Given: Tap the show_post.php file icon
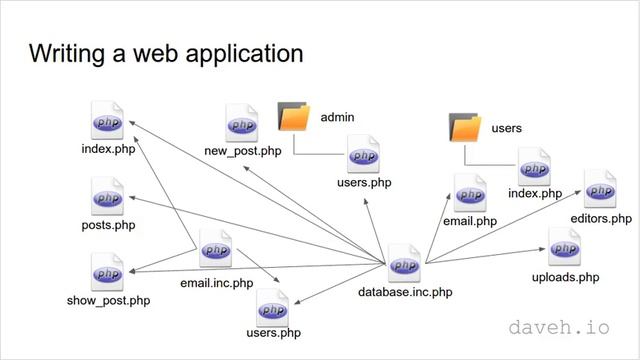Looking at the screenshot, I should point(106,271).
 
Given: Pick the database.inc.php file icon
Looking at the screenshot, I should point(405,264).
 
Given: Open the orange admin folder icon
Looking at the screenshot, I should point(294,117).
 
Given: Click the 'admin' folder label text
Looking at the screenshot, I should point(337,118).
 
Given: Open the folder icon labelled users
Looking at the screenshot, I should point(466,128).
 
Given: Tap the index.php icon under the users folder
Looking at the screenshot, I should point(534,166).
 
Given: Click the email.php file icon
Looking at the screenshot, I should point(470,193).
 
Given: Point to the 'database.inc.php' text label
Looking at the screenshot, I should point(405,293).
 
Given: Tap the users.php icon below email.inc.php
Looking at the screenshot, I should point(273,309).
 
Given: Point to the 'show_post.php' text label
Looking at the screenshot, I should point(108,300).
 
